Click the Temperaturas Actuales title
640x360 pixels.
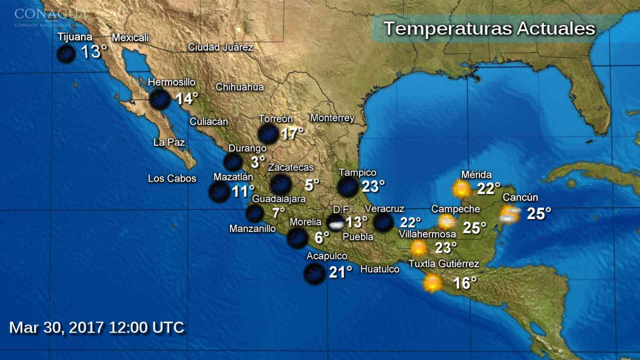[x=489, y=28]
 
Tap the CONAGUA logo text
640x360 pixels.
[x=51, y=13]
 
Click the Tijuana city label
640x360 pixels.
[x=75, y=37]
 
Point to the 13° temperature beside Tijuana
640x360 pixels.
[x=94, y=52]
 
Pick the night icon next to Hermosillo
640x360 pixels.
[x=159, y=99]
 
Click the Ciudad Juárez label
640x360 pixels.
[x=220, y=47]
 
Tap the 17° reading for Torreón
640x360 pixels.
[x=292, y=133]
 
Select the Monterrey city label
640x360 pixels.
[x=332, y=118]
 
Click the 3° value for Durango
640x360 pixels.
[x=258, y=162]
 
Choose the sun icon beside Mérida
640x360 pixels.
[x=461, y=189]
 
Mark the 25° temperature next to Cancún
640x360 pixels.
[x=539, y=214]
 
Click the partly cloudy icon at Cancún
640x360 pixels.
[x=509, y=214]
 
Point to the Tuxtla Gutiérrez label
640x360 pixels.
[x=444, y=263]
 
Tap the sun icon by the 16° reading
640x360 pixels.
[x=432, y=283]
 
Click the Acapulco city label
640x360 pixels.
[x=327, y=257]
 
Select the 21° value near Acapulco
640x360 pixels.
[x=340, y=273]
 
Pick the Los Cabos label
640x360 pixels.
[x=172, y=179]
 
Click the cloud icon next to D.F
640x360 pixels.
[x=336, y=223]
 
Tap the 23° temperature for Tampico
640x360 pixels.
[x=373, y=187]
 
